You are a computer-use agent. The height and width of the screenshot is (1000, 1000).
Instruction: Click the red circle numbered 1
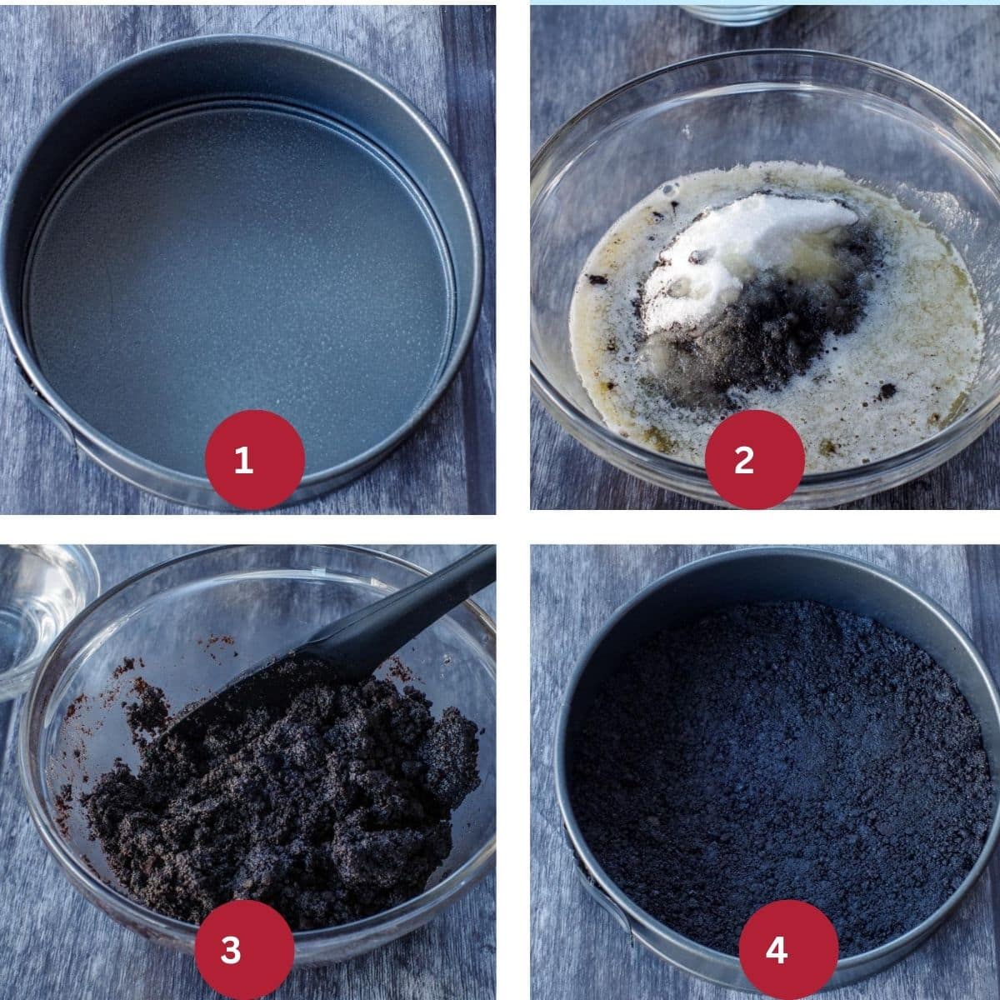255,460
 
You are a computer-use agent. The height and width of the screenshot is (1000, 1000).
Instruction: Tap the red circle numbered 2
754,460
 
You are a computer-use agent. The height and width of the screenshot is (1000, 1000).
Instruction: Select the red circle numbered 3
244,949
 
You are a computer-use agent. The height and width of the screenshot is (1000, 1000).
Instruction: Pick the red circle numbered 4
788,949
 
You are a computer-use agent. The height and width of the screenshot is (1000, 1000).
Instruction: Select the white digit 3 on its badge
231,950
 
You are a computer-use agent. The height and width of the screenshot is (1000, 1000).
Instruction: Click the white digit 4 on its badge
777,950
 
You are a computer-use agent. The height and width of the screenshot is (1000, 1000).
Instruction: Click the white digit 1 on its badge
244,460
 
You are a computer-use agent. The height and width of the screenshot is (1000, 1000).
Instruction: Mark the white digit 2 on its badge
743,460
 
